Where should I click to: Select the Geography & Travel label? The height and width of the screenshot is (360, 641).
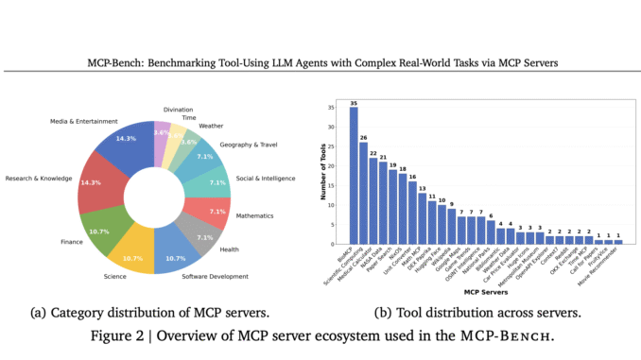pos(249,146)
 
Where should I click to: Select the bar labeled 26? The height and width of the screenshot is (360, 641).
pos(364,193)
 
